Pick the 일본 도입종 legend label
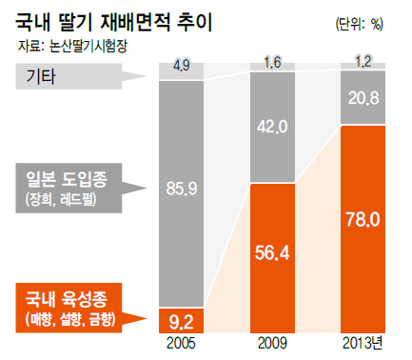coord(69,177)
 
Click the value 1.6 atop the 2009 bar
coord(274,64)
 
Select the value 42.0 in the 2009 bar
coord(274,126)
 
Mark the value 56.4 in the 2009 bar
coord(274,253)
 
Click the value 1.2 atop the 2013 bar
coord(363,62)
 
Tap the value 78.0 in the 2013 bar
coord(363,220)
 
